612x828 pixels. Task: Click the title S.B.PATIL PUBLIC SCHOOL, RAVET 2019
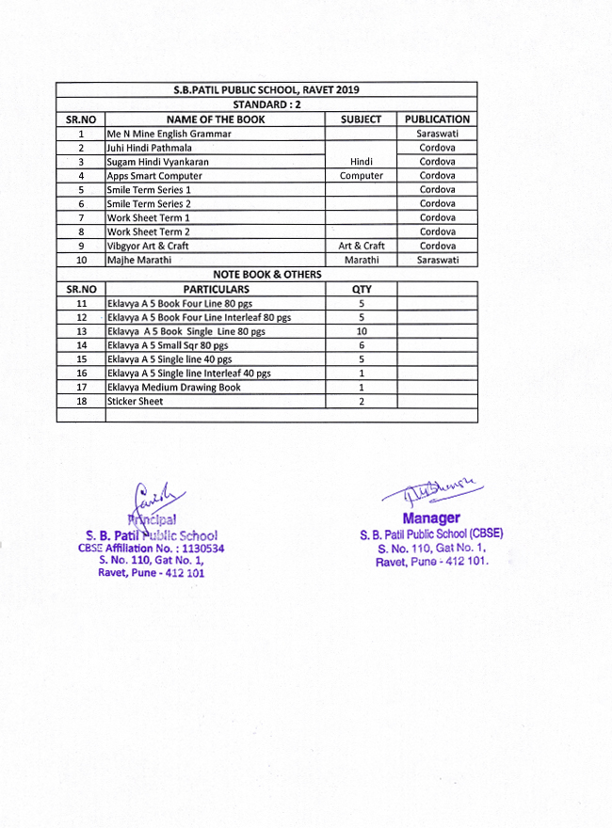point(266,90)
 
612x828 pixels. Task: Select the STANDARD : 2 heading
point(266,104)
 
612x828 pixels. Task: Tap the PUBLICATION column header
point(437,119)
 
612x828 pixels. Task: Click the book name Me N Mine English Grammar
point(169,134)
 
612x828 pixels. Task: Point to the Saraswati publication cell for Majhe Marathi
point(437,260)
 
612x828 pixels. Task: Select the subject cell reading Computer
point(362,176)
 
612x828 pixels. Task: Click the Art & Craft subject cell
point(362,246)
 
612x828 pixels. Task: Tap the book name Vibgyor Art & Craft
point(148,246)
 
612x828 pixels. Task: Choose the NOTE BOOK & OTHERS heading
point(266,274)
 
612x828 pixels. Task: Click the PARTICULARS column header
point(216,289)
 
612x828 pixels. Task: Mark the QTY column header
point(362,289)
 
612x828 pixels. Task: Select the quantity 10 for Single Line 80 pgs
point(362,331)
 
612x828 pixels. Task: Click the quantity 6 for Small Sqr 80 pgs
point(362,345)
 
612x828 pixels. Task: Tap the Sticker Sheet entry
point(135,401)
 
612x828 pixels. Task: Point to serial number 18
point(81,401)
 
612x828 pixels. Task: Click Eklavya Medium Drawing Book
point(174,387)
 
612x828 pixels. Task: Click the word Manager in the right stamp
point(431,518)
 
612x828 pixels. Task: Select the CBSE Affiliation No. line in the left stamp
point(152,548)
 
